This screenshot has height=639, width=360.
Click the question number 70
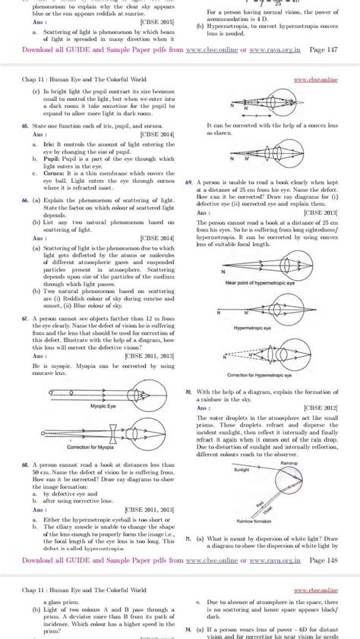188,392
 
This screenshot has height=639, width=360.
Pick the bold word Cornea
52,174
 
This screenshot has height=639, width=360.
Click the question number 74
188,629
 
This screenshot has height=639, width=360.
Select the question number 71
188,536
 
